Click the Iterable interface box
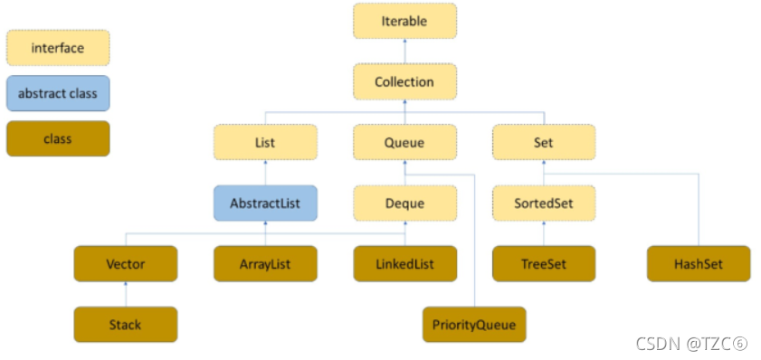tap(404, 21)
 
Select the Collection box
tap(404, 81)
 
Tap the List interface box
tap(265, 142)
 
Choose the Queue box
tap(404, 142)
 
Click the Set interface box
tap(544, 142)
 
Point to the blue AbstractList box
tap(265, 203)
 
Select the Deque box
tap(404, 203)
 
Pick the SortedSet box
tap(544, 203)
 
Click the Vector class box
tap(126, 264)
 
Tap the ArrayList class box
tap(265, 264)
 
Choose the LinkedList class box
tap(404, 264)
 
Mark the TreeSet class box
tap(544, 264)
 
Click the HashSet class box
tap(699, 264)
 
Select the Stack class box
tap(126, 325)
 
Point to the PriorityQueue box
tap(474, 325)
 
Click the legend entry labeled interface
tap(58, 48)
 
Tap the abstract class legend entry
tap(58, 93)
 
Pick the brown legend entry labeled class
tap(58, 138)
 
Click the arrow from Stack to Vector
tap(126, 294)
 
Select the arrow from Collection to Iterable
tap(404, 51)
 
